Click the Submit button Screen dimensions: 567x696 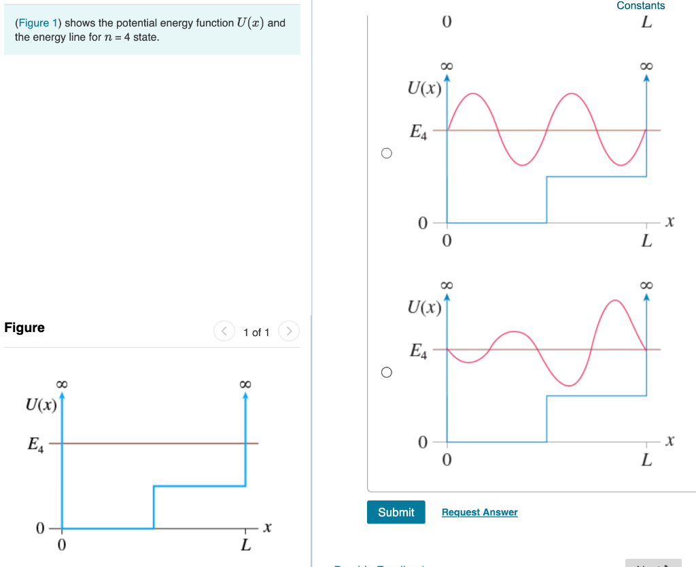tap(396, 512)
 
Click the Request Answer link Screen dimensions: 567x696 tap(479, 512)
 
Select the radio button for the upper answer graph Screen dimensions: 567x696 tap(386, 153)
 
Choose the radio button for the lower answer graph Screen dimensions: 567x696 tap(386, 372)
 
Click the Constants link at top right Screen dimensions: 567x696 tap(640, 5)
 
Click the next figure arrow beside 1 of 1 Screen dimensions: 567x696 tap(289, 331)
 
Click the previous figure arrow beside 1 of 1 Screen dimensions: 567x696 tap(224, 331)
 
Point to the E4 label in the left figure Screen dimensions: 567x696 tap(35, 445)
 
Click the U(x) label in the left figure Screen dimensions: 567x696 tap(41, 405)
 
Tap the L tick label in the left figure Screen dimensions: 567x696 tap(245, 545)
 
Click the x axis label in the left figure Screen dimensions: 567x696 tap(267, 527)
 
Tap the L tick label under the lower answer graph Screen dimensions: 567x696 tap(646, 460)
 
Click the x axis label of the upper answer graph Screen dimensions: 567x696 tap(670, 221)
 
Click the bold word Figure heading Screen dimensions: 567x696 tap(24, 327)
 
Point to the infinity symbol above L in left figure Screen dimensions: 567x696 tap(245, 384)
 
